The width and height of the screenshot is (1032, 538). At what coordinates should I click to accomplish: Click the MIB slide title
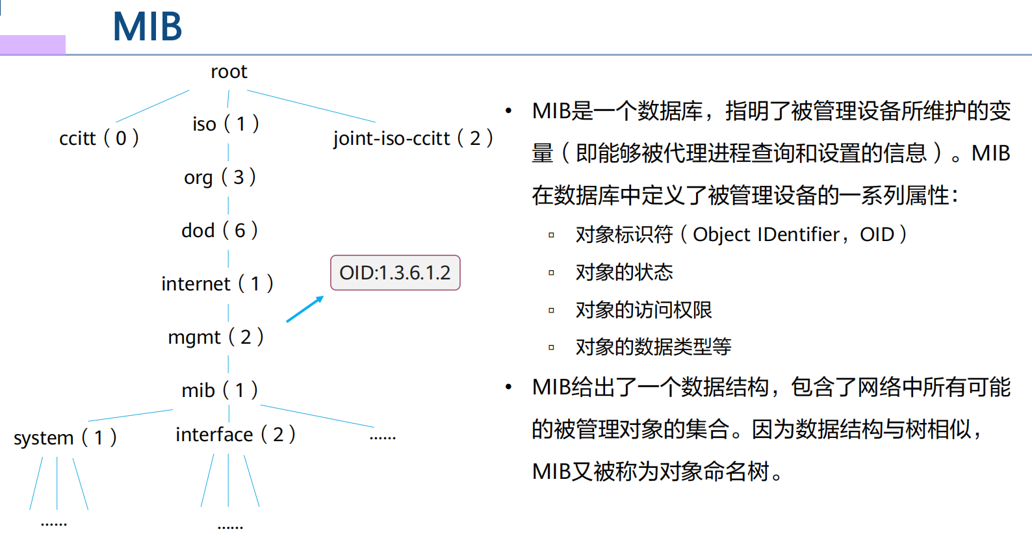click(x=148, y=27)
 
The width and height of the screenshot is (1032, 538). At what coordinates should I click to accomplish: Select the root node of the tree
click(x=229, y=71)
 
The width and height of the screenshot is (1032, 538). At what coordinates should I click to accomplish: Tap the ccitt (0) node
click(x=99, y=138)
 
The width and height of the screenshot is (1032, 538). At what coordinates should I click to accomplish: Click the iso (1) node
click(x=226, y=123)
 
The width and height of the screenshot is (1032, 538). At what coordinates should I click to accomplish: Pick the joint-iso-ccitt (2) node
click(x=413, y=138)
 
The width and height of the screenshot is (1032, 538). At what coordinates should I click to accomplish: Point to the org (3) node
click(x=220, y=177)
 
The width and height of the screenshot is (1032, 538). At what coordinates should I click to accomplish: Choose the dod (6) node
click(x=220, y=230)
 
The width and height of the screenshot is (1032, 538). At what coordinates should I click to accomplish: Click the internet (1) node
click(x=217, y=283)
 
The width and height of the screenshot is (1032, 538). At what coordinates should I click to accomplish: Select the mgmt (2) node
click(x=216, y=337)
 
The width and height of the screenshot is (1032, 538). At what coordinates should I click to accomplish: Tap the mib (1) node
click(x=220, y=390)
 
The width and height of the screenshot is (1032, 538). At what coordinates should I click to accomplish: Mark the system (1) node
click(x=65, y=437)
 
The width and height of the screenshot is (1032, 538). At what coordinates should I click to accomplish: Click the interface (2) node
click(x=235, y=434)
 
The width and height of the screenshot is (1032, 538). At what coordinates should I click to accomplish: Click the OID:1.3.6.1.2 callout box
click(x=395, y=273)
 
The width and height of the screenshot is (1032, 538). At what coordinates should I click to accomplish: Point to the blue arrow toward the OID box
click(x=304, y=309)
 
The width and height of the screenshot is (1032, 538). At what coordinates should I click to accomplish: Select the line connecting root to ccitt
click(x=153, y=106)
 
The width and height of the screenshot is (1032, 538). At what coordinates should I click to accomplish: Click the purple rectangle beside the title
click(x=32, y=45)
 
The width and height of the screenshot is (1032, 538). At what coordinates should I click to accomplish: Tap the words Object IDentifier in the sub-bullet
click(x=766, y=235)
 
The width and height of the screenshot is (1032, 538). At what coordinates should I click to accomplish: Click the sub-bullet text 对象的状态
click(x=624, y=272)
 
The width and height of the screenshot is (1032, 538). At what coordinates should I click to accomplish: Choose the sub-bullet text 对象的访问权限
click(x=643, y=310)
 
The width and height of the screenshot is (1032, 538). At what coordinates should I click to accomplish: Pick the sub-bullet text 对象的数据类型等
click(x=653, y=347)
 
